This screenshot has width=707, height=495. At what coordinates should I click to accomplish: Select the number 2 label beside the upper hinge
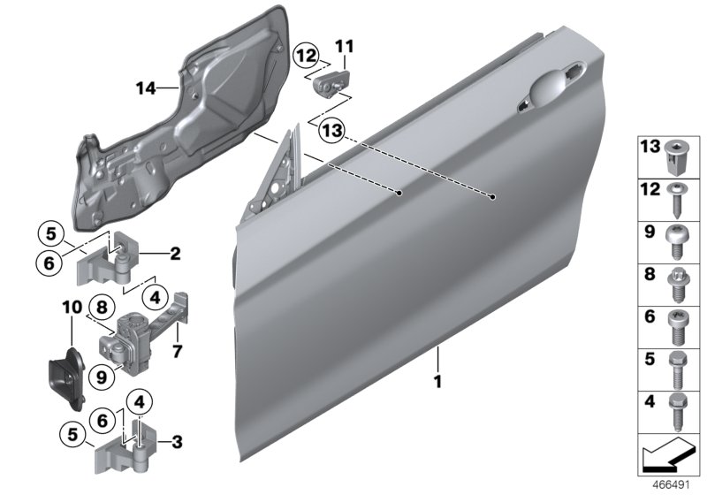pos(175,255)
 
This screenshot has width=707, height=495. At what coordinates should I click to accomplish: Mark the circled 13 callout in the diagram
pos(330,131)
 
